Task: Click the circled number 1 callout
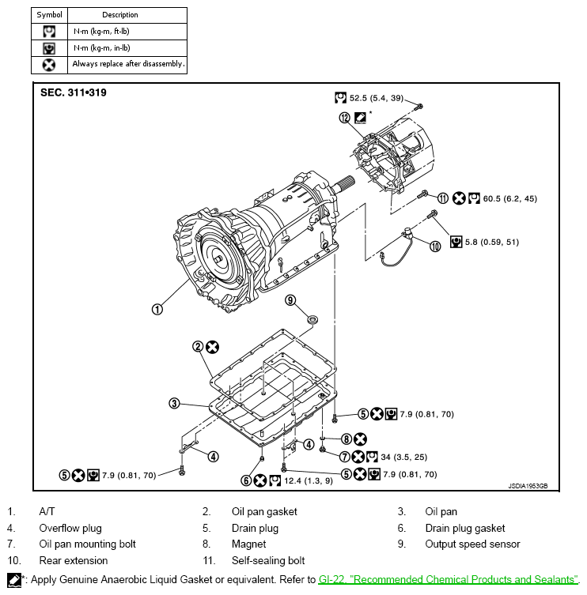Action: (157, 309)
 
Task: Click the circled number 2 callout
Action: (198, 346)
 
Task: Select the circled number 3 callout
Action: (174, 404)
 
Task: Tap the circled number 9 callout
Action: (290, 299)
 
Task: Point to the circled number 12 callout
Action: (345, 118)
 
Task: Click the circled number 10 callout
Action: (435, 247)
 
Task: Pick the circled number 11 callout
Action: (443, 198)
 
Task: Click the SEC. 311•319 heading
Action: (74, 92)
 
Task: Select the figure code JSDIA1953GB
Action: (528, 487)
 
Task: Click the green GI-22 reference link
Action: (448, 580)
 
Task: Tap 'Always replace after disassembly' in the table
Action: (128, 64)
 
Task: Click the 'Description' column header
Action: (120, 15)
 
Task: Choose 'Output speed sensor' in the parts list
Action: (472, 544)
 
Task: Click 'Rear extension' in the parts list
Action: (74, 560)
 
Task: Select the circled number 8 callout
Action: (347, 439)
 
